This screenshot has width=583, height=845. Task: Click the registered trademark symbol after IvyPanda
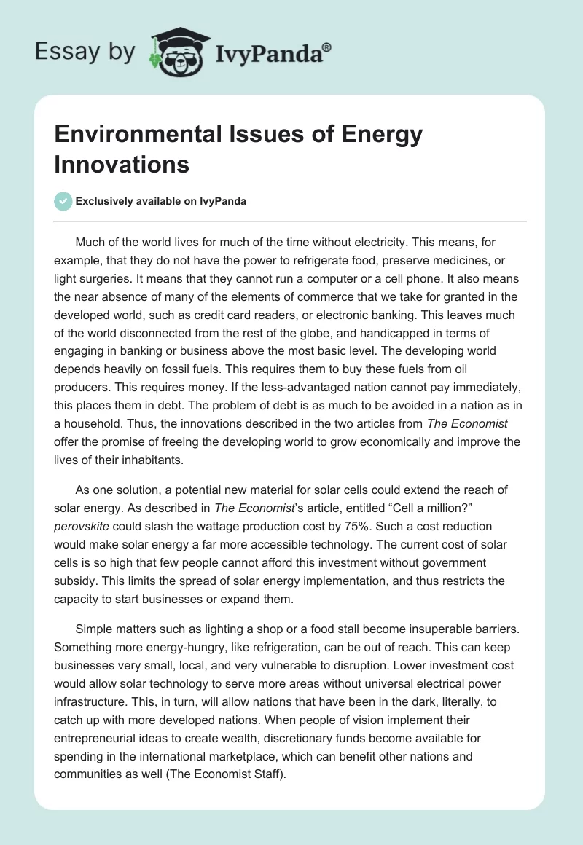pyautogui.click(x=327, y=48)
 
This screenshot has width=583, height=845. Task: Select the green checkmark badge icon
pyautogui.click(x=63, y=201)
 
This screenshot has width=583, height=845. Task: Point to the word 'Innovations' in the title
pyautogui.click(x=122, y=164)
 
